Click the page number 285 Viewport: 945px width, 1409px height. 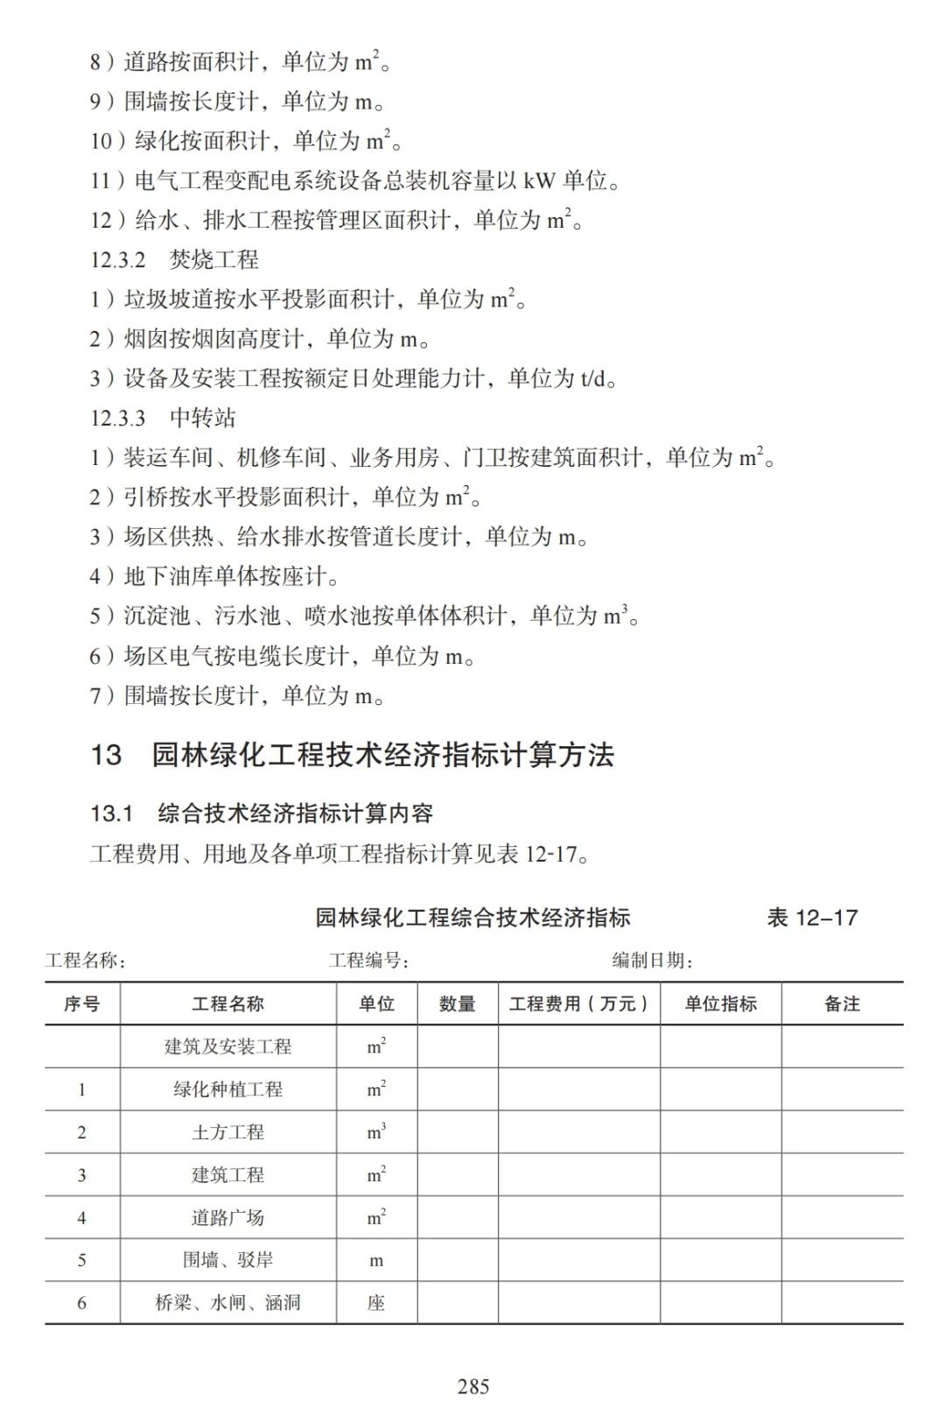[x=472, y=1386]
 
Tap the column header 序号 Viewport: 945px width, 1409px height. [x=81, y=1004]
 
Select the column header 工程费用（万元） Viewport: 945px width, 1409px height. [x=578, y=1004]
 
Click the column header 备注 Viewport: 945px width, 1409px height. [x=842, y=1004]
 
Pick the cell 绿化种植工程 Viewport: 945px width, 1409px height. [x=227, y=1089]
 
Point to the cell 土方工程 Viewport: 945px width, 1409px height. [x=227, y=1132]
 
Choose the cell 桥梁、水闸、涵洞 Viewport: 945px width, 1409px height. [x=227, y=1303]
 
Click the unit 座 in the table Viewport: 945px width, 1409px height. [x=376, y=1303]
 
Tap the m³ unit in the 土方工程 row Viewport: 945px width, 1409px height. [x=376, y=1132]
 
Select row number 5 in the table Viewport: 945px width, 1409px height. [x=81, y=1260]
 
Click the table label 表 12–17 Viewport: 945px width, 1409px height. [x=812, y=918]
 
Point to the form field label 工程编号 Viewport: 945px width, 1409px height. [x=368, y=961]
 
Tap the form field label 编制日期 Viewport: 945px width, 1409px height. [x=652, y=961]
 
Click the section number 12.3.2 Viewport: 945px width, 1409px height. [x=118, y=260]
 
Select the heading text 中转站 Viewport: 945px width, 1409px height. [x=203, y=418]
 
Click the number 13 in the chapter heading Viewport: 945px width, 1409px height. [x=106, y=755]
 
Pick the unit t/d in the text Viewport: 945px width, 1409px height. [x=592, y=379]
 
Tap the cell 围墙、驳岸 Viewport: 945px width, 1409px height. [x=227, y=1260]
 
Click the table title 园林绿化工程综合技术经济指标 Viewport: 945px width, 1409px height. [x=472, y=918]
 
